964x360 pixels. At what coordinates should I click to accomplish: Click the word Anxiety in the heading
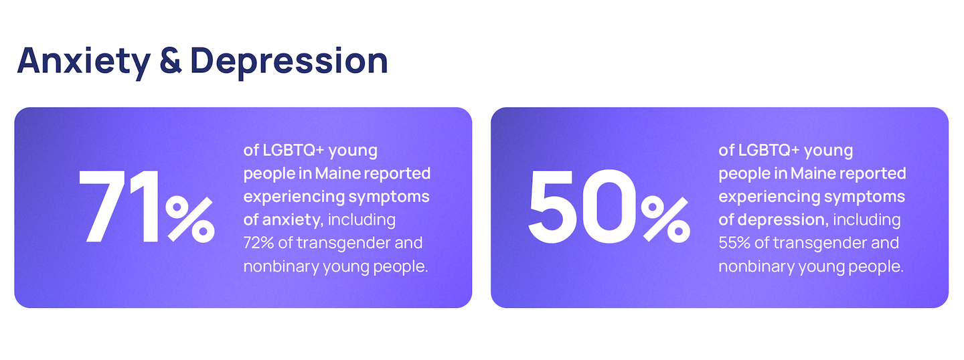point(84,62)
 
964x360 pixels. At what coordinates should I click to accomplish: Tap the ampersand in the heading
point(171,61)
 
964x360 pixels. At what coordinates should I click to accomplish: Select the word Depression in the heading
point(289,62)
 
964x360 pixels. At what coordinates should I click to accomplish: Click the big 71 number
point(119,206)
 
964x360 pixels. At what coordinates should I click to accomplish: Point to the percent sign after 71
point(190,219)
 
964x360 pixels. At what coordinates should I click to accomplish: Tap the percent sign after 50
point(665,219)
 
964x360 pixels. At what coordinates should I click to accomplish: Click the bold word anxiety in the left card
point(293,220)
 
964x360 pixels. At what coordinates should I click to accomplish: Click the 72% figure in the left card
point(258,243)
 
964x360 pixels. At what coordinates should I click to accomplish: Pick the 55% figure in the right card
point(734,243)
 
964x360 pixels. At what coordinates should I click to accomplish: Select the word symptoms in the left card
point(388,197)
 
